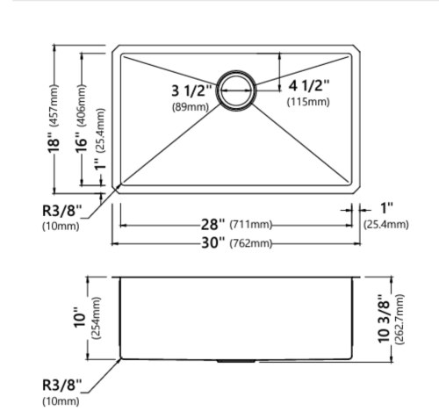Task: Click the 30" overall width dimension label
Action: [x=213, y=242]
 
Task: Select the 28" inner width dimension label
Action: [x=212, y=225]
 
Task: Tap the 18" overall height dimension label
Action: [x=54, y=142]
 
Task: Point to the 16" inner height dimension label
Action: [x=82, y=142]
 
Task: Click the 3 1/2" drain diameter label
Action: [x=191, y=90]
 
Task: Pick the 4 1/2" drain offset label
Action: [x=309, y=85]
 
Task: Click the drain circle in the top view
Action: [x=236, y=90]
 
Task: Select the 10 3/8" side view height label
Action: [x=385, y=319]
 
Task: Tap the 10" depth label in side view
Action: [x=80, y=318]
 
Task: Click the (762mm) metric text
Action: [x=251, y=243]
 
